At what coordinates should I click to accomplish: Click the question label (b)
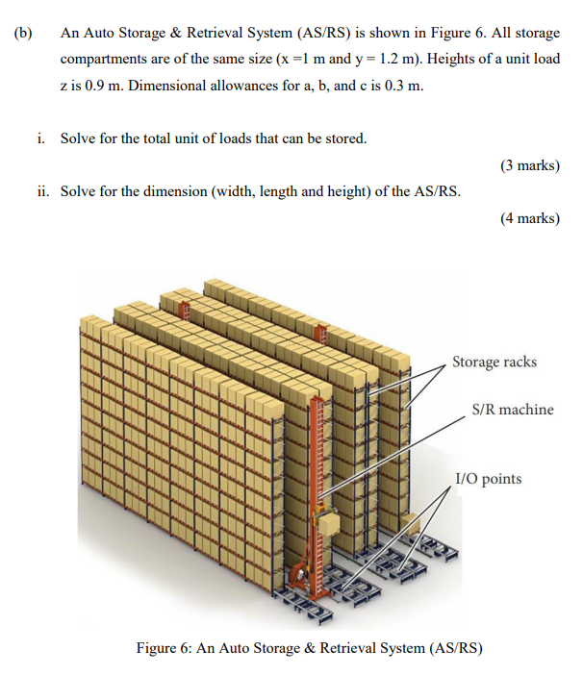pos(22,33)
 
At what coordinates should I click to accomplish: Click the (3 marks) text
pos(529,164)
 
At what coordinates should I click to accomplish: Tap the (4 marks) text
pos(529,217)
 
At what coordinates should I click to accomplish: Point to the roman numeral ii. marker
pos(43,190)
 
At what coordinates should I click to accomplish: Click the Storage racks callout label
pos(494,362)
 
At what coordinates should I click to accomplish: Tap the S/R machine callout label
pos(513,410)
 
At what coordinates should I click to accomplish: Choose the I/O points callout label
pos(488,479)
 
